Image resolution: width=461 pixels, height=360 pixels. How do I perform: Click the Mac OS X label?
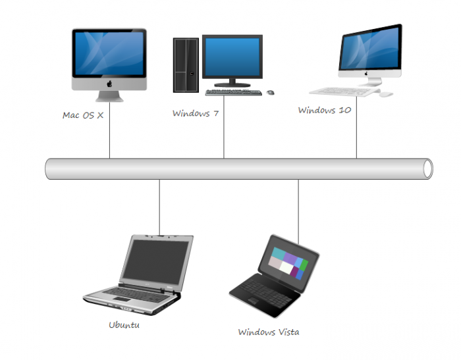83,115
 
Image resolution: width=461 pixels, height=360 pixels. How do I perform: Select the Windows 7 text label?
196,113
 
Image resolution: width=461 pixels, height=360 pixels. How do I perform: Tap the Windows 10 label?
325,110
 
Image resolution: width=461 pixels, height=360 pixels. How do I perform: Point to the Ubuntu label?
124,324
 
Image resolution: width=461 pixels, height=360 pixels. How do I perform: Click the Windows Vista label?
269,332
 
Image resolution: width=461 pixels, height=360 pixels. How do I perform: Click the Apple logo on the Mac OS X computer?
109,86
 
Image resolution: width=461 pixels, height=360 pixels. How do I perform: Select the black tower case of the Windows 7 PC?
186,64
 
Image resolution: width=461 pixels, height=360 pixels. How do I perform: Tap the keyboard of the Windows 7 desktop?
233,92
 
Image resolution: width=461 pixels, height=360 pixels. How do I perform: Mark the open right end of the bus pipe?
427,169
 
